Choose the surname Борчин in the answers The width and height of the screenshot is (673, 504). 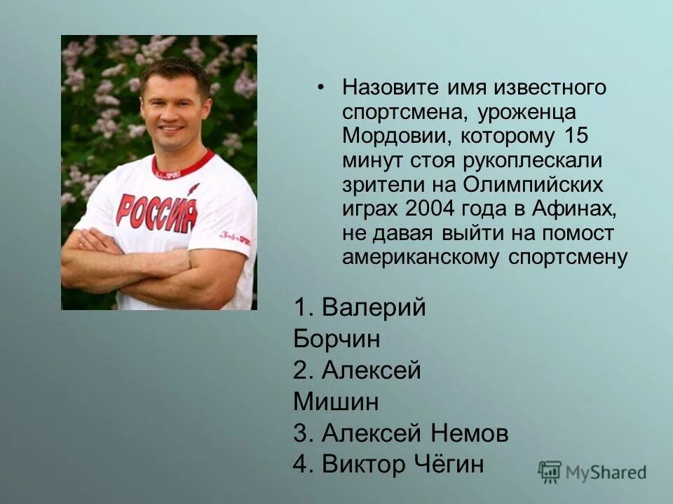click(337, 339)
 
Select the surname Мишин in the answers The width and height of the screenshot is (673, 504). click(327, 402)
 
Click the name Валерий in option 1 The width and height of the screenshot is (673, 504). click(374, 308)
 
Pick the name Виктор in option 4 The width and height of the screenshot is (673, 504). click(365, 464)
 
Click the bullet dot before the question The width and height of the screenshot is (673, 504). click(321, 88)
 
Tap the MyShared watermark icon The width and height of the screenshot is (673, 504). click(550, 472)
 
